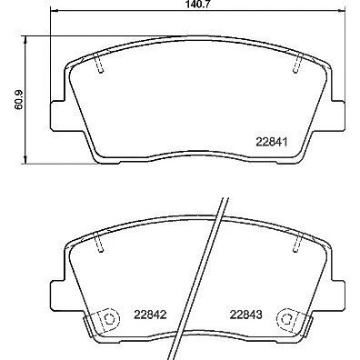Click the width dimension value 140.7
[197, 5]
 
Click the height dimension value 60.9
[19, 99]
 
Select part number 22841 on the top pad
[272, 142]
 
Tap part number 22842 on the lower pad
[151, 315]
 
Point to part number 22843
[245, 315]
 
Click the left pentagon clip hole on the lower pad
[108, 318]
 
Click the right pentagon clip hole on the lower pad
[286, 318]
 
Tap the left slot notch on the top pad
[99, 65]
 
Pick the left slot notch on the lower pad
[99, 244]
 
